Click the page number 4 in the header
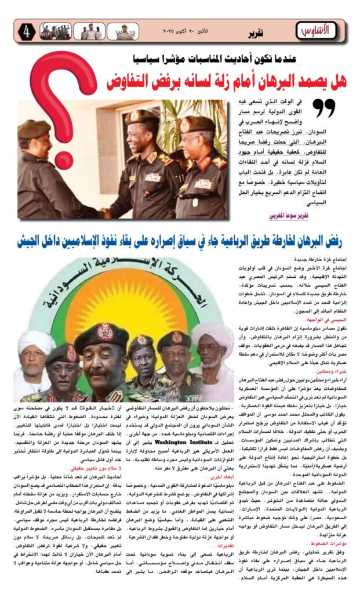(27, 31)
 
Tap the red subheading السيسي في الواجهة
(330, 320)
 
